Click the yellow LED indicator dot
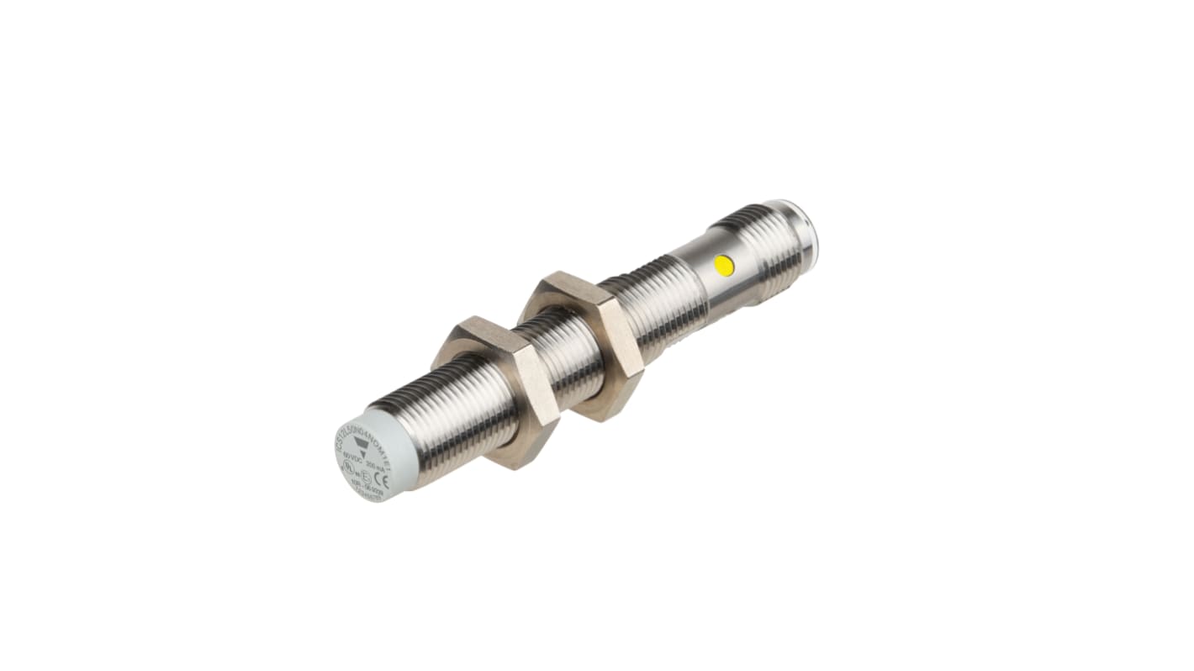tap(723, 266)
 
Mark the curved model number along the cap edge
tap(357, 426)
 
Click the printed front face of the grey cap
tap(362, 458)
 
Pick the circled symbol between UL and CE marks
tap(365, 476)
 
